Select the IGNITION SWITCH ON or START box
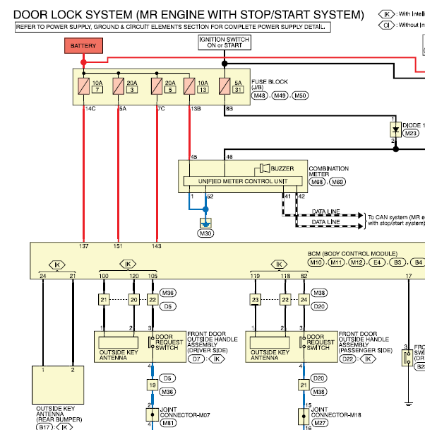(x=225, y=42)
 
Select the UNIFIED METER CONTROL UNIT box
(x=236, y=181)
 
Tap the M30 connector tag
(x=205, y=233)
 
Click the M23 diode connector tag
(x=411, y=132)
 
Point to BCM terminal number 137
(x=84, y=246)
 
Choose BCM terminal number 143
(x=156, y=246)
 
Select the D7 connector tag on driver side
(x=197, y=359)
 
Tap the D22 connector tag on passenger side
(x=348, y=359)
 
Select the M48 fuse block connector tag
(x=260, y=95)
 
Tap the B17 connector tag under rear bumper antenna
(x=45, y=426)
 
